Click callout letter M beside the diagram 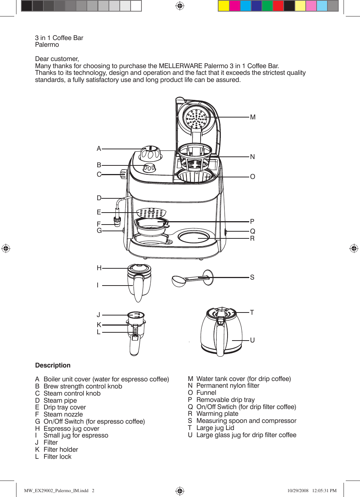pos(253,117)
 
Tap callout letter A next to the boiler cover pos(99,149)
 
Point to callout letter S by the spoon pos(252,277)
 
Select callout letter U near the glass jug pos(252,340)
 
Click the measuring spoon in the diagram pos(191,279)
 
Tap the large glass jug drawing pos(221,332)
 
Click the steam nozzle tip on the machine pos(117,222)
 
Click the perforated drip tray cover pos(151,213)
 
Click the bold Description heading pos(53,365)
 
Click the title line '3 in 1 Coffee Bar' pos(59,38)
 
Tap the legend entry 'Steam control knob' pos(72,393)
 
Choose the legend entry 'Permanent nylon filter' pos(228,385)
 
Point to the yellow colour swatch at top pos(223,6)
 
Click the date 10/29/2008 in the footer pos(298,490)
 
